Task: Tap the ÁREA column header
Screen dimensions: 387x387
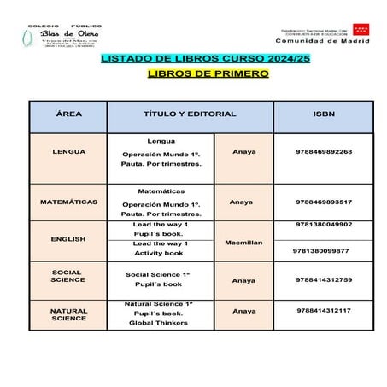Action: (x=68, y=114)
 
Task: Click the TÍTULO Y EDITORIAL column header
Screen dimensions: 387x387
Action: (x=189, y=114)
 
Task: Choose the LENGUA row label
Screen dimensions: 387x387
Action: (x=68, y=151)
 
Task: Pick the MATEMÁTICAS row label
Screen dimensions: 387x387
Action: (x=68, y=202)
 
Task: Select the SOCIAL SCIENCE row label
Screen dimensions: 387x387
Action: (x=68, y=276)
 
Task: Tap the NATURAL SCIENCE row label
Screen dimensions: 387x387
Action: (x=68, y=314)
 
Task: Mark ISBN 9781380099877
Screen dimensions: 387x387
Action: (x=321, y=251)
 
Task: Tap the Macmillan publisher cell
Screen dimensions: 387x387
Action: (x=243, y=243)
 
